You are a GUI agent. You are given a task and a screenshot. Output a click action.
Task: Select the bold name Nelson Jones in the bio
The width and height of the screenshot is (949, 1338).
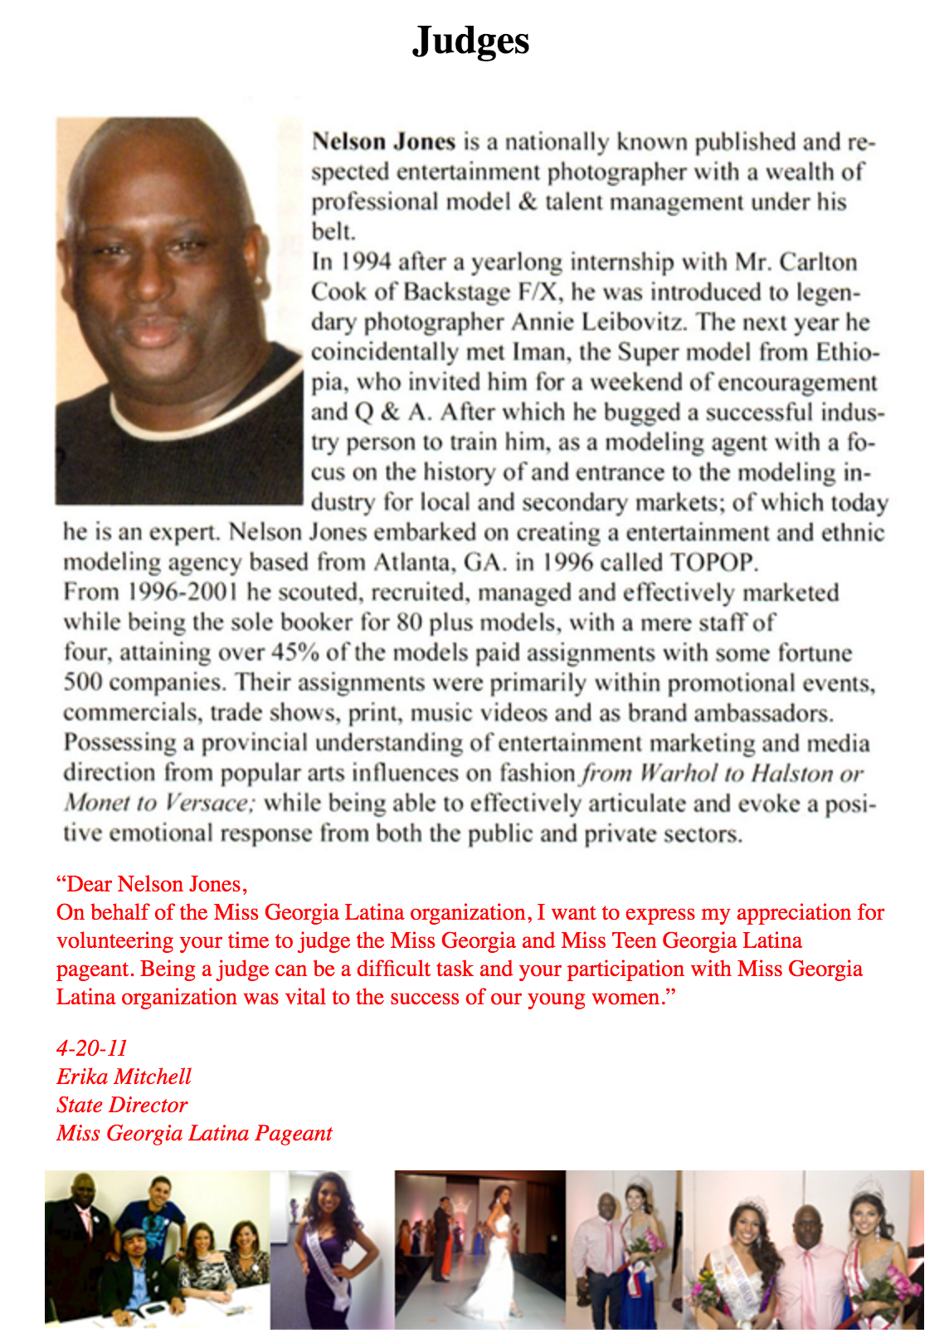click(383, 142)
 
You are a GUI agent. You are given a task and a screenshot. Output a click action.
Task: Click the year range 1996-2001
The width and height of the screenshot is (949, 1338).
click(183, 593)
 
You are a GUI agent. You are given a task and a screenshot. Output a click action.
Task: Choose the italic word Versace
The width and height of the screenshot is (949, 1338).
click(207, 803)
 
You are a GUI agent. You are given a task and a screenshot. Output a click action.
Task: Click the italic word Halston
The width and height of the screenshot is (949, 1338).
click(791, 774)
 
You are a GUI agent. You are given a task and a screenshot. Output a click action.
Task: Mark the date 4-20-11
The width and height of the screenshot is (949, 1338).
click(92, 1048)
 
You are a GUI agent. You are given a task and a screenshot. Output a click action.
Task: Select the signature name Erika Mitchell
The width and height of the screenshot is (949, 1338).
click(124, 1077)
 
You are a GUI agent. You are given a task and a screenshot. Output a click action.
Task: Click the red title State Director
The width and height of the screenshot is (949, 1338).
click(122, 1105)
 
